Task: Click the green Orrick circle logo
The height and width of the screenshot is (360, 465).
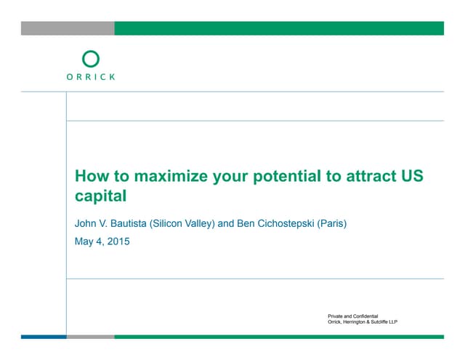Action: click(91, 59)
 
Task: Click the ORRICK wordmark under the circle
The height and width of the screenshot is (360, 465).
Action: click(91, 76)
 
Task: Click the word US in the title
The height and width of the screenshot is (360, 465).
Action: click(411, 177)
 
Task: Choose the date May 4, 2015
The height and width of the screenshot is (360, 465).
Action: click(102, 241)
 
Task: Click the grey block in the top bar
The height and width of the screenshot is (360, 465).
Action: click(68, 28)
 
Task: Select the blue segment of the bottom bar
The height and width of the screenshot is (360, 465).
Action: click(43, 337)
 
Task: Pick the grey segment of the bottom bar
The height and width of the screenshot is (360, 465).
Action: click(90, 337)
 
